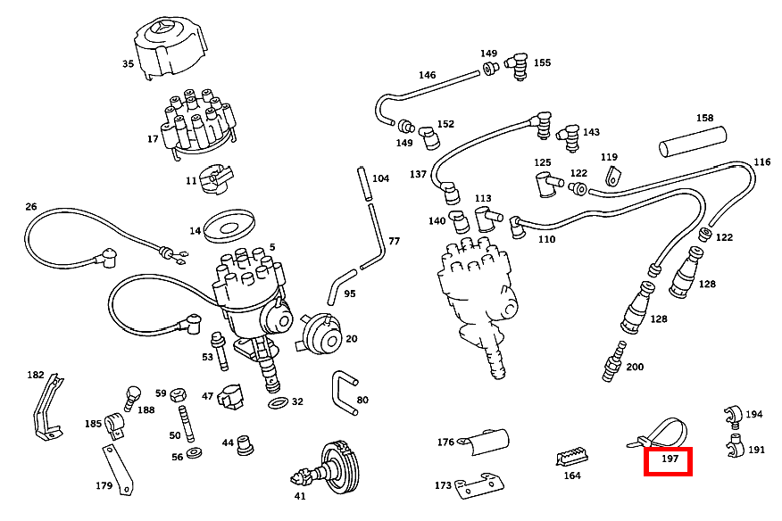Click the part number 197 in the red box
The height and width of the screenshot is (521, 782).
pos(670,460)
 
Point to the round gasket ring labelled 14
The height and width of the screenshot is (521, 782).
pos(229,227)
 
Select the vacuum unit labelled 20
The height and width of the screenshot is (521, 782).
pos(319,335)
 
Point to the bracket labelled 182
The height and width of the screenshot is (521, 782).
pos(47,407)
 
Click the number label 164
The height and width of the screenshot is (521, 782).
pos(571,476)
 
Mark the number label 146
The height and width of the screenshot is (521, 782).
pos(428,75)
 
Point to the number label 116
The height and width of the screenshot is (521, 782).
pos(761,162)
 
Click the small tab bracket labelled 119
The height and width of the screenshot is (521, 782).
pos(611,175)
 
